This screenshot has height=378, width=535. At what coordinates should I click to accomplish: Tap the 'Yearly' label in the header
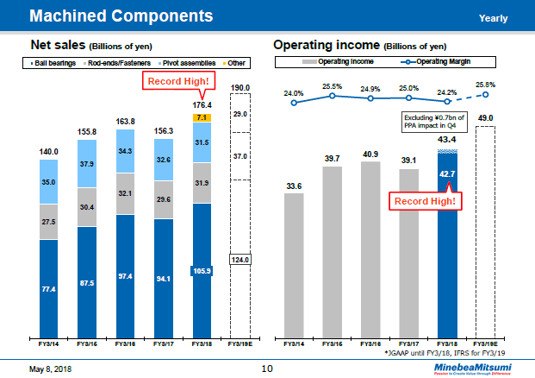(x=494, y=18)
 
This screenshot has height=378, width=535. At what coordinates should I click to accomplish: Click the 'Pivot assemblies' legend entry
(x=185, y=63)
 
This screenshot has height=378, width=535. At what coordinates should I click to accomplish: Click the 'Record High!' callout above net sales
(x=176, y=82)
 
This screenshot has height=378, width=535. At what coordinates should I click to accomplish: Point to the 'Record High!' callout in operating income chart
(x=425, y=201)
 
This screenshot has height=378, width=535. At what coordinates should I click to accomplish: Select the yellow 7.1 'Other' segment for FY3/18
(x=202, y=117)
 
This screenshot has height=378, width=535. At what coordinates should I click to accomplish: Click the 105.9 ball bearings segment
(x=202, y=270)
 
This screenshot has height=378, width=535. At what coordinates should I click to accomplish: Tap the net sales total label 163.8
(x=126, y=122)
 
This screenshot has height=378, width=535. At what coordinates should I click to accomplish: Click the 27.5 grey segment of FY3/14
(x=49, y=221)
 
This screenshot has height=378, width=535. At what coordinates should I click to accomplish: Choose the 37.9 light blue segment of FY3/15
(x=88, y=164)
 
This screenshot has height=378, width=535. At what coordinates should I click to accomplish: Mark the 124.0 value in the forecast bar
(x=240, y=259)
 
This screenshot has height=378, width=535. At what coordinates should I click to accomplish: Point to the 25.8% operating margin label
(x=484, y=85)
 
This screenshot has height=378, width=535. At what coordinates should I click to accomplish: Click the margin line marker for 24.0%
(x=294, y=103)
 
